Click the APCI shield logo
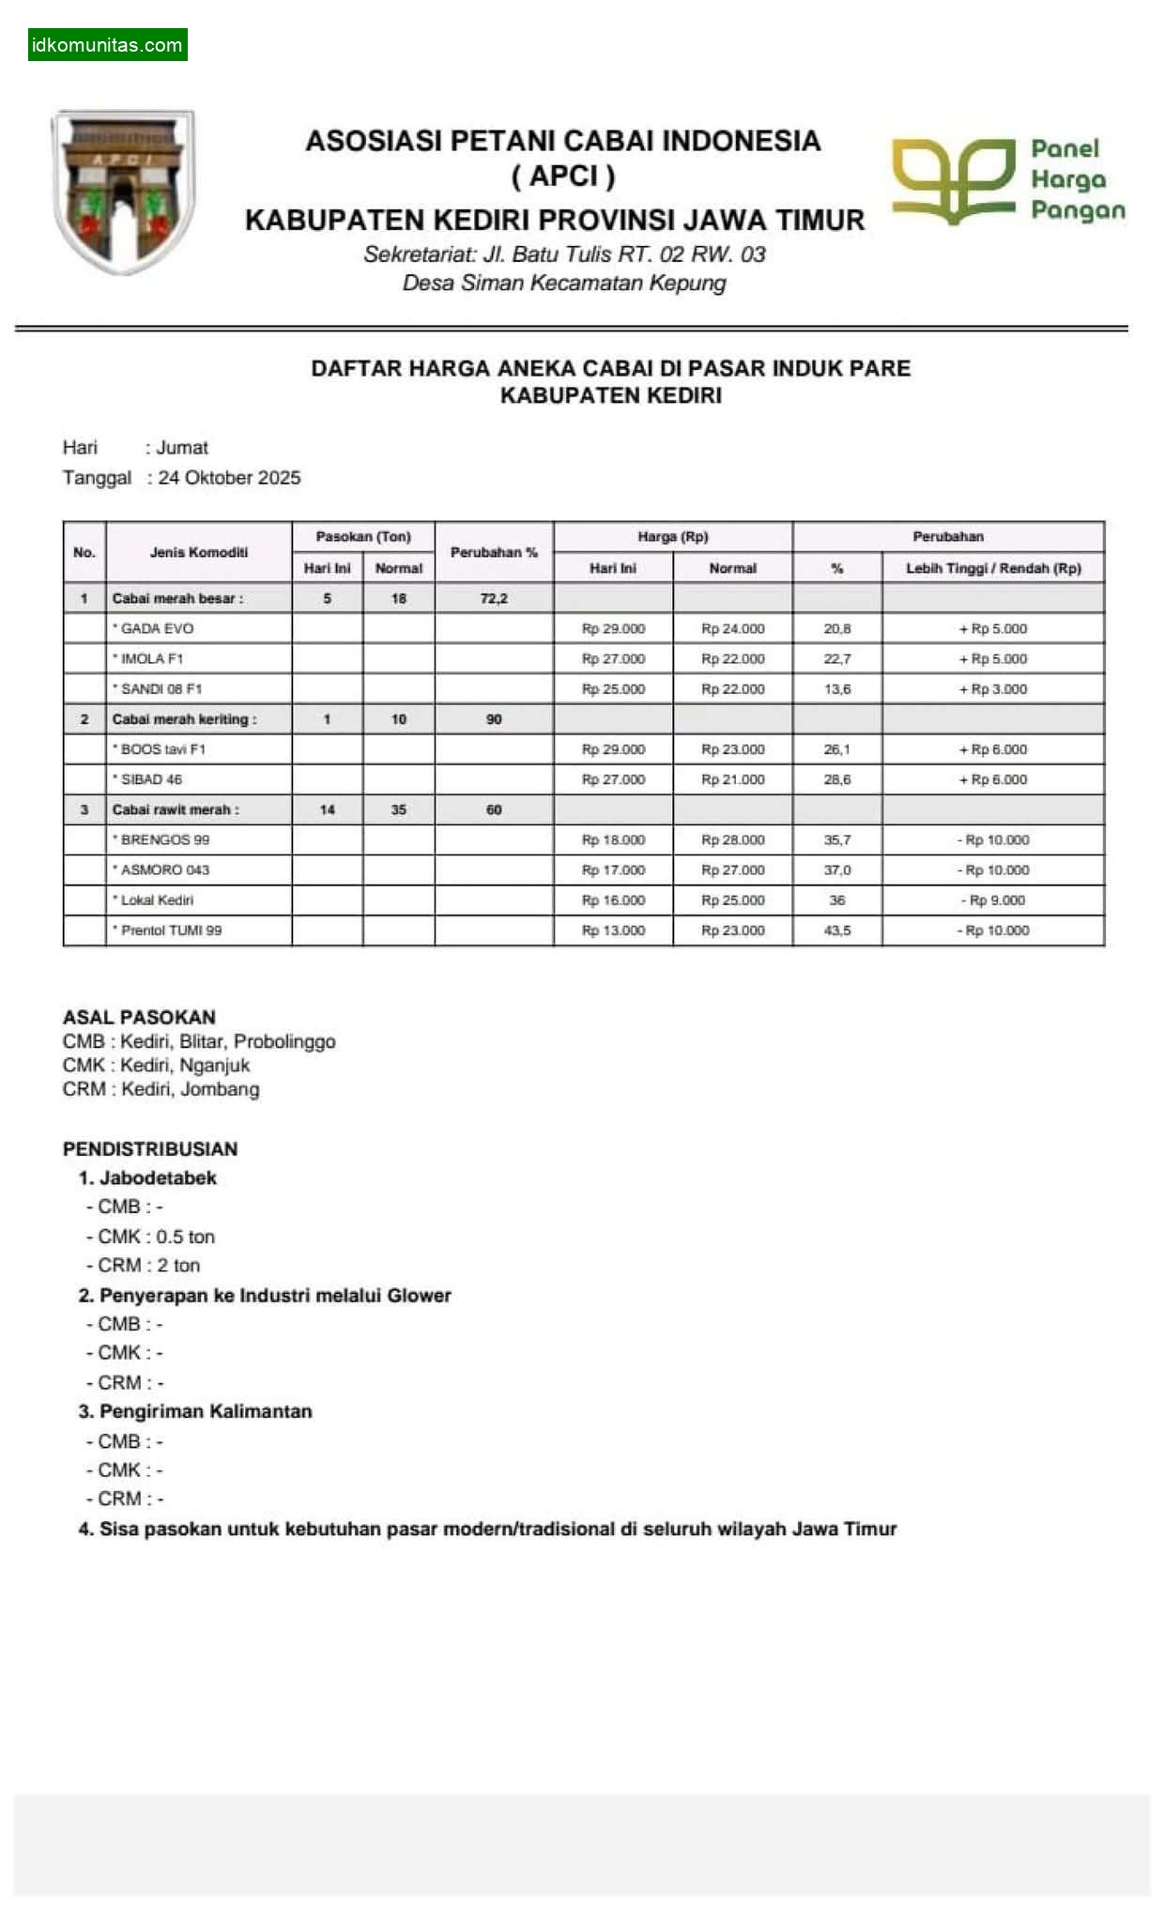coord(123,191)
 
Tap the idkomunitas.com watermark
coord(107,44)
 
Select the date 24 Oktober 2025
coord(229,477)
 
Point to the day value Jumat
coord(182,447)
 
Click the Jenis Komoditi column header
coord(199,552)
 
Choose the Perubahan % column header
coord(494,552)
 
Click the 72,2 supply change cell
coord(494,598)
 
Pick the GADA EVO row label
coord(157,628)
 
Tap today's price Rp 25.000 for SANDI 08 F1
coord(613,688)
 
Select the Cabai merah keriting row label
coord(184,719)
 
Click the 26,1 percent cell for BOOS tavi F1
coord(836,749)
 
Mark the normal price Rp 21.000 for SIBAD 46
coord(732,779)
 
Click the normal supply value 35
coord(398,809)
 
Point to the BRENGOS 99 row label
coord(164,839)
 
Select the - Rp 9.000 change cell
coord(992,900)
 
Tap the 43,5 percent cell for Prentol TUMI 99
coord(836,930)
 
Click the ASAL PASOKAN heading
coord(139,1017)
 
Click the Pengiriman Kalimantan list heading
coord(206,1411)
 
